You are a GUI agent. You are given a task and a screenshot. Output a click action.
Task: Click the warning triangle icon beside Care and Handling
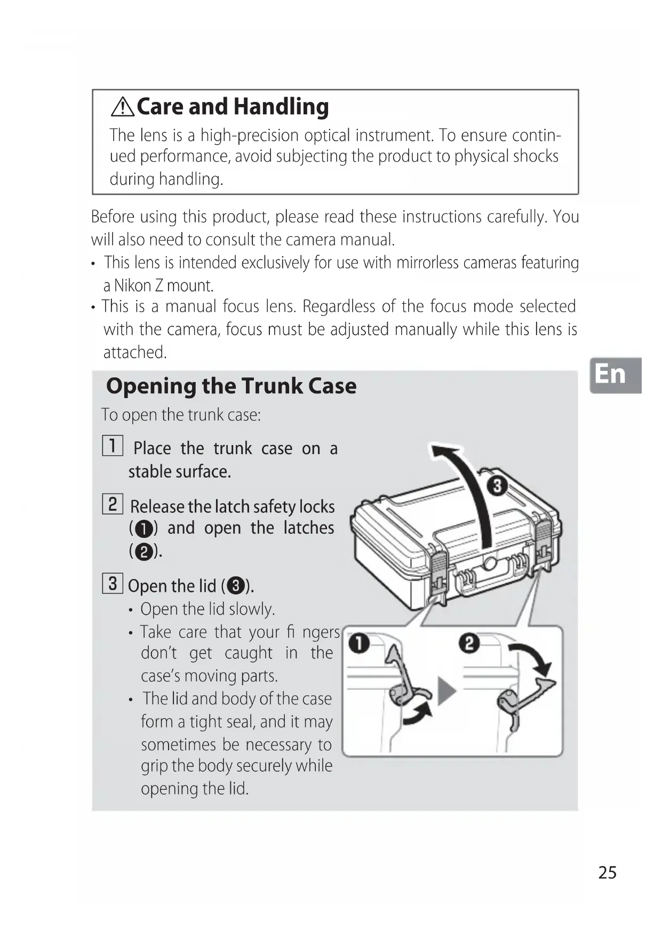123,107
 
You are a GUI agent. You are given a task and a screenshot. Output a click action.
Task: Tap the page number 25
607,872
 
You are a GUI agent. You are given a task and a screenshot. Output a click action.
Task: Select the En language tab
615,375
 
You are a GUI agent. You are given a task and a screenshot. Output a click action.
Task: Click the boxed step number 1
113,446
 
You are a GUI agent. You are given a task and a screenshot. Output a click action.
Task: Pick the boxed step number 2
113,504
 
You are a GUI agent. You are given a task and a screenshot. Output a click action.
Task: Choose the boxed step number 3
113,583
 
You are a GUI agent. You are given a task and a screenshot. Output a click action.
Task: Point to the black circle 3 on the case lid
497,486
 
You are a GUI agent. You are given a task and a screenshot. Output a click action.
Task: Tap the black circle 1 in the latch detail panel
359,643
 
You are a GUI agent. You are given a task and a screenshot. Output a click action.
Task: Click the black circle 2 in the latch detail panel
469,643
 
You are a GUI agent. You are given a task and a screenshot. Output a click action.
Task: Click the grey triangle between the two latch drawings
446,691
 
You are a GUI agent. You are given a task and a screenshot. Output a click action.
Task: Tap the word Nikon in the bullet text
133,286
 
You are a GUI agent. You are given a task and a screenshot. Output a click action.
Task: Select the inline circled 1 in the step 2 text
144,529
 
